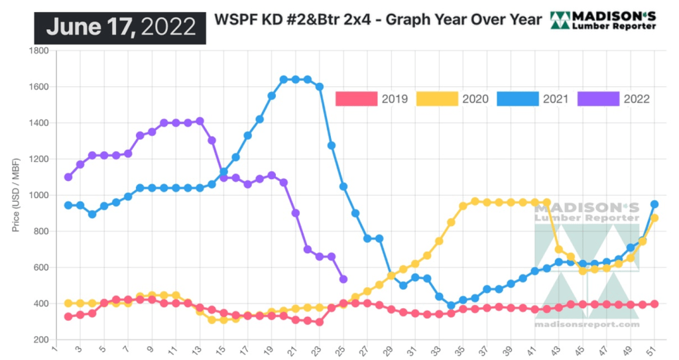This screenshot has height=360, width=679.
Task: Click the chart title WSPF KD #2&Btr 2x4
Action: [377, 19]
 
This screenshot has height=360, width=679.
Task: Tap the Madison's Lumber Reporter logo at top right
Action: [603, 21]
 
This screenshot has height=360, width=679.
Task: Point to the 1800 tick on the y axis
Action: [39, 51]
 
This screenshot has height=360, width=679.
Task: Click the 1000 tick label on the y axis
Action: [39, 196]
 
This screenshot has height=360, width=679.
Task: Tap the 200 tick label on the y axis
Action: [41, 340]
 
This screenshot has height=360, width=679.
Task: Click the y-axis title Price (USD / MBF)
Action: [15, 195]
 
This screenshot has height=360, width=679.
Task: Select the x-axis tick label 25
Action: [343, 351]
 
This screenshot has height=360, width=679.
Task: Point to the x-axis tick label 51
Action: [654, 351]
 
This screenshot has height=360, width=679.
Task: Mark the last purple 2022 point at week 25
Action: [343, 279]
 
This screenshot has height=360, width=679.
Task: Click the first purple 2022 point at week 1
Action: [68, 177]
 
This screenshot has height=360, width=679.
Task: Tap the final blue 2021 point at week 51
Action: [654, 204]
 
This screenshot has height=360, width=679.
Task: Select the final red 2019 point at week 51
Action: [654, 304]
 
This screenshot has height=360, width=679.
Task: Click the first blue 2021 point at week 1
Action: [68, 206]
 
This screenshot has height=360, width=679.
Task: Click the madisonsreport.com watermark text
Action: [587, 324]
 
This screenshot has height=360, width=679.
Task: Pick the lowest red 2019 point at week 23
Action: [319, 322]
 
